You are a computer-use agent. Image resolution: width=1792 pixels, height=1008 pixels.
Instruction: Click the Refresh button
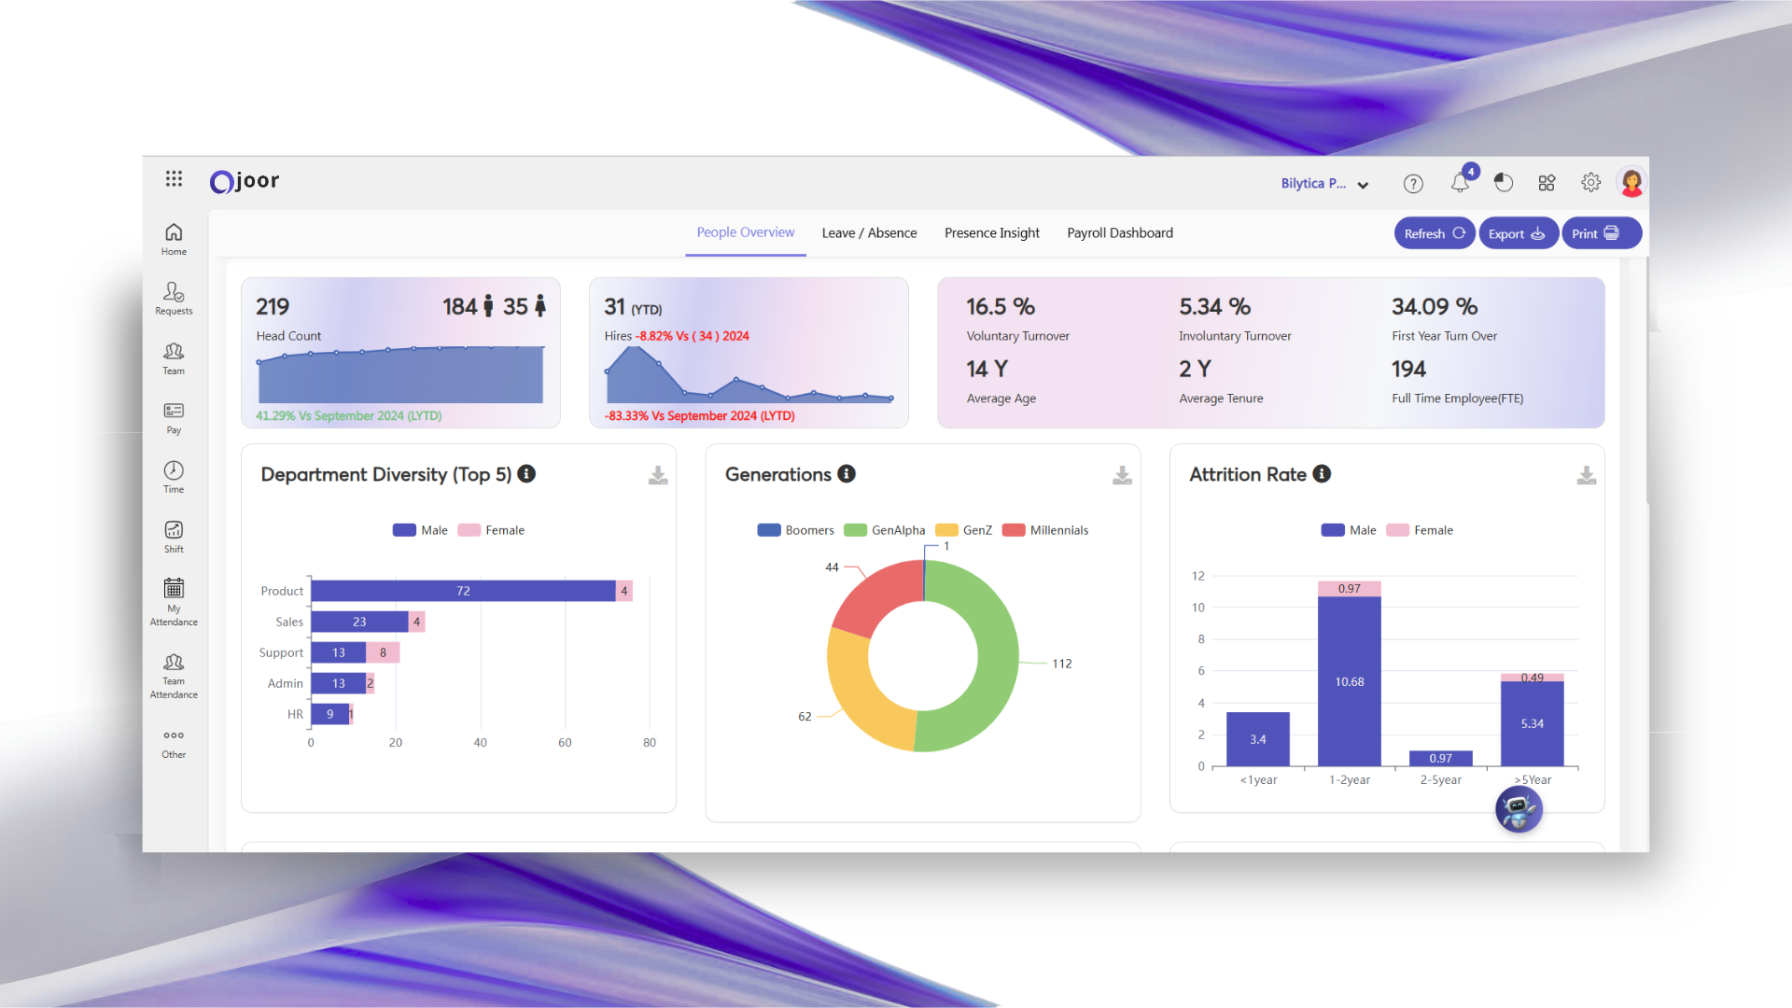[1434, 233]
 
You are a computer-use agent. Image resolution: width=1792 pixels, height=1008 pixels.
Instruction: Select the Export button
[1517, 233]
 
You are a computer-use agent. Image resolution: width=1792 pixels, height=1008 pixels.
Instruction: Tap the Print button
[1600, 233]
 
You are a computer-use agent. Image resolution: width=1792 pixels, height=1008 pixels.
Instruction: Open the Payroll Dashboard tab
[1119, 233]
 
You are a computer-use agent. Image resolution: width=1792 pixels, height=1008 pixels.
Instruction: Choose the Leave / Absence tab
[869, 233]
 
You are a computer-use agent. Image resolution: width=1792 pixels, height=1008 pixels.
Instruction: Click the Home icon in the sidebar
[174, 239]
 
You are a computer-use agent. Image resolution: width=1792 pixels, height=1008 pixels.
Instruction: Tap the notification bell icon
[1460, 183]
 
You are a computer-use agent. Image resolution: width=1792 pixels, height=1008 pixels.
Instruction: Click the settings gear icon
[1590, 183]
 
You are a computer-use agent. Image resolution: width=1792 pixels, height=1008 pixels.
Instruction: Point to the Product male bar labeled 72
[463, 591]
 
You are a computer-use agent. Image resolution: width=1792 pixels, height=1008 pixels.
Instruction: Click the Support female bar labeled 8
[383, 652]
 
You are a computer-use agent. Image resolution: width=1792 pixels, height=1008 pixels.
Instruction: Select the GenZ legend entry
[963, 530]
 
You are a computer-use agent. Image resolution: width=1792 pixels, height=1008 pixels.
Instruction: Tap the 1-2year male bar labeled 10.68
[1349, 681]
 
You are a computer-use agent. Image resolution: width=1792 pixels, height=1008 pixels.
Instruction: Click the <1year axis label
[1258, 780]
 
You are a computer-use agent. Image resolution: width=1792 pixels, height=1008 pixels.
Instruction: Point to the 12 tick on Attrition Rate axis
[1198, 576]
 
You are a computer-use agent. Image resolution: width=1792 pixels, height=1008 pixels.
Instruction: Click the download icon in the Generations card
[1122, 476]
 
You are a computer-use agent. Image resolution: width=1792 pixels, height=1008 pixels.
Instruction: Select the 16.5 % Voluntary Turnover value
[1000, 307]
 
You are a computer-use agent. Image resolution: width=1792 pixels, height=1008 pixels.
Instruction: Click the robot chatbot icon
[1519, 809]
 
